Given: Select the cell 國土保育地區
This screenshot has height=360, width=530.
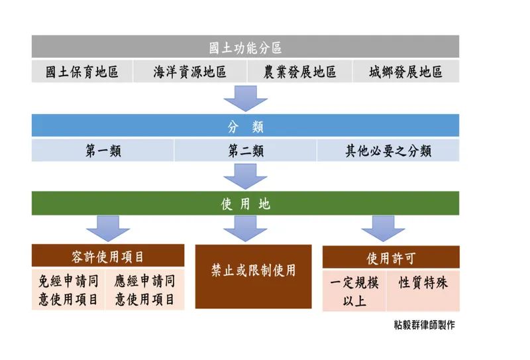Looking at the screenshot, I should coord(82,72).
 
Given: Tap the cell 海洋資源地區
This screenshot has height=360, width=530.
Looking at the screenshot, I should coord(189,72).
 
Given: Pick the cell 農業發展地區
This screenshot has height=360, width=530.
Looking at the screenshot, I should coord(299,72).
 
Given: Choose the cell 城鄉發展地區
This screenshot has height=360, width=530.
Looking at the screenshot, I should coord(405,72).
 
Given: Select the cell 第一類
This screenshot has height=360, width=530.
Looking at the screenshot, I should coord(103,151).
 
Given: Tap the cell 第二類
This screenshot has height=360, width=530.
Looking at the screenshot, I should coord(245,151).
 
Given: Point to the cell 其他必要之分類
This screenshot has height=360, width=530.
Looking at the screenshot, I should coord(388,151).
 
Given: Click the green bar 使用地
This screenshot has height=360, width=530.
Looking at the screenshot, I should coord(245,204).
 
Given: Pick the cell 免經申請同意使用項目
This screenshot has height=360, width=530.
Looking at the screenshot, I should coord(69,290).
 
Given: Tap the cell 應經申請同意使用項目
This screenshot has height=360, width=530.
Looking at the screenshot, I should coord(145,290).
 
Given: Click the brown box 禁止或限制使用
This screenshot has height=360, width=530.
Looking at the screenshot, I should coord(253,276).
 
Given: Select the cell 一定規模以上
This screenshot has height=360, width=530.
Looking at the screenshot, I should coord(354,291).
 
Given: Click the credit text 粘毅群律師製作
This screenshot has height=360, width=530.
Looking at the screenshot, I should coord(424,325).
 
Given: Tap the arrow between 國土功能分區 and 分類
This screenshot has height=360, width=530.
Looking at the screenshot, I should coord(245,97).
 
